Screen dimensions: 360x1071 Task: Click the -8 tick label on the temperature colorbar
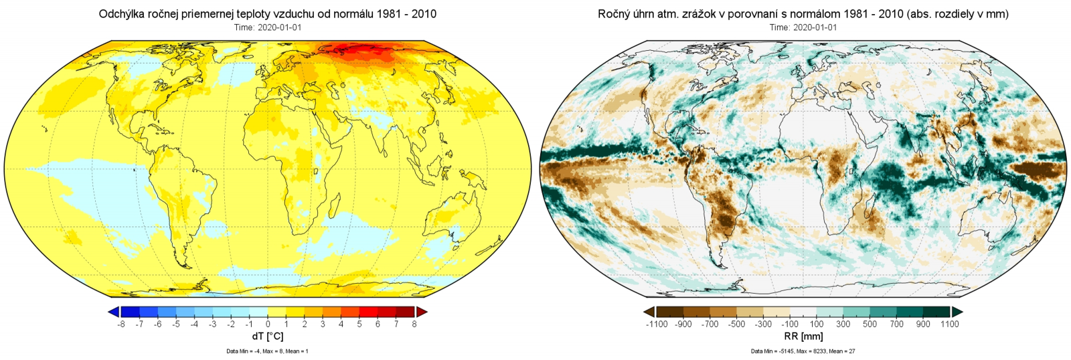(x=121, y=325)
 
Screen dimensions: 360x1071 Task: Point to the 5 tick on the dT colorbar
(x=359, y=325)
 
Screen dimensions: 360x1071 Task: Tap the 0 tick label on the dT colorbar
(x=268, y=325)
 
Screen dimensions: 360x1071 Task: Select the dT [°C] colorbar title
(x=268, y=337)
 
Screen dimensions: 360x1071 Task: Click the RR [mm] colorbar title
(x=803, y=337)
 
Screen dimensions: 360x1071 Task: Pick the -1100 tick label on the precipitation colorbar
(x=657, y=325)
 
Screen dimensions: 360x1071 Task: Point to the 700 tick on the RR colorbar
(x=896, y=325)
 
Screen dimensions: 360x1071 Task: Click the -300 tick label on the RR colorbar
(x=763, y=325)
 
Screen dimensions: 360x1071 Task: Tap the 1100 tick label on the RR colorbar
(x=949, y=325)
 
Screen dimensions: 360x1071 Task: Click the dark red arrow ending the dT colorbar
(x=421, y=312)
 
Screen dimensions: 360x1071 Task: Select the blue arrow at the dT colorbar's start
(x=114, y=312)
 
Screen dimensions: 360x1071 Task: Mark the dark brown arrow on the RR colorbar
(x=649, y=312)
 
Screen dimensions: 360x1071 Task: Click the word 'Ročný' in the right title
(x=614, y=14)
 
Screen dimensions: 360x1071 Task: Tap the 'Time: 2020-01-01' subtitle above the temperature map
(x=268, y=27)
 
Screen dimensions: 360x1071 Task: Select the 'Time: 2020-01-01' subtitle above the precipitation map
(x=803, y=27)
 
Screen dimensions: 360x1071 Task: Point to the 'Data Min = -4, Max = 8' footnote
(x=268, y=351)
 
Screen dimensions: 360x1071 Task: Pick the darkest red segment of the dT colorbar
(x=405, y=312)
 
